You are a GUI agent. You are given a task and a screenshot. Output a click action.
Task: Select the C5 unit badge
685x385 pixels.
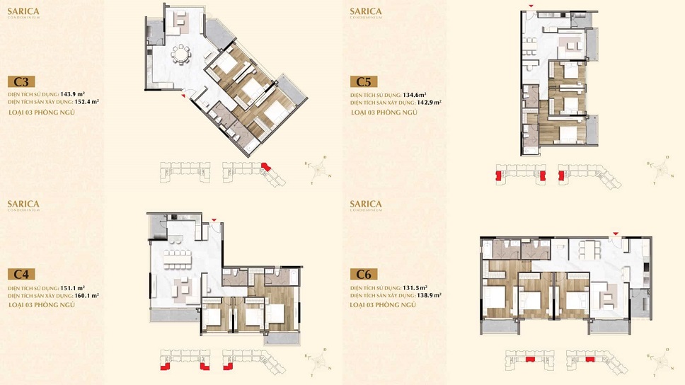pyautogui.click(x=364, y=81)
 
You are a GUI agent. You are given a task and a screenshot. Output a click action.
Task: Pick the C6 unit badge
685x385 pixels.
pyautogui.click(x=364, y=274)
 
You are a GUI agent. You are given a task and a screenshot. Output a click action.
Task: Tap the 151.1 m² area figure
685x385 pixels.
pyautogui.click(x=73, y=288)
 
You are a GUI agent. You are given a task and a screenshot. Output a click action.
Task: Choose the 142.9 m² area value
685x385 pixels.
pyautogui.click(x=430, y=102)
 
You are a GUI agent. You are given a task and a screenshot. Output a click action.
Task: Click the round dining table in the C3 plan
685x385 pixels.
pyautogui.click(x=182, y=54)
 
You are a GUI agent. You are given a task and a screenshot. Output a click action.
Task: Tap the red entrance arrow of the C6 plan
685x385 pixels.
pyautogui.click(x=615, y=234)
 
